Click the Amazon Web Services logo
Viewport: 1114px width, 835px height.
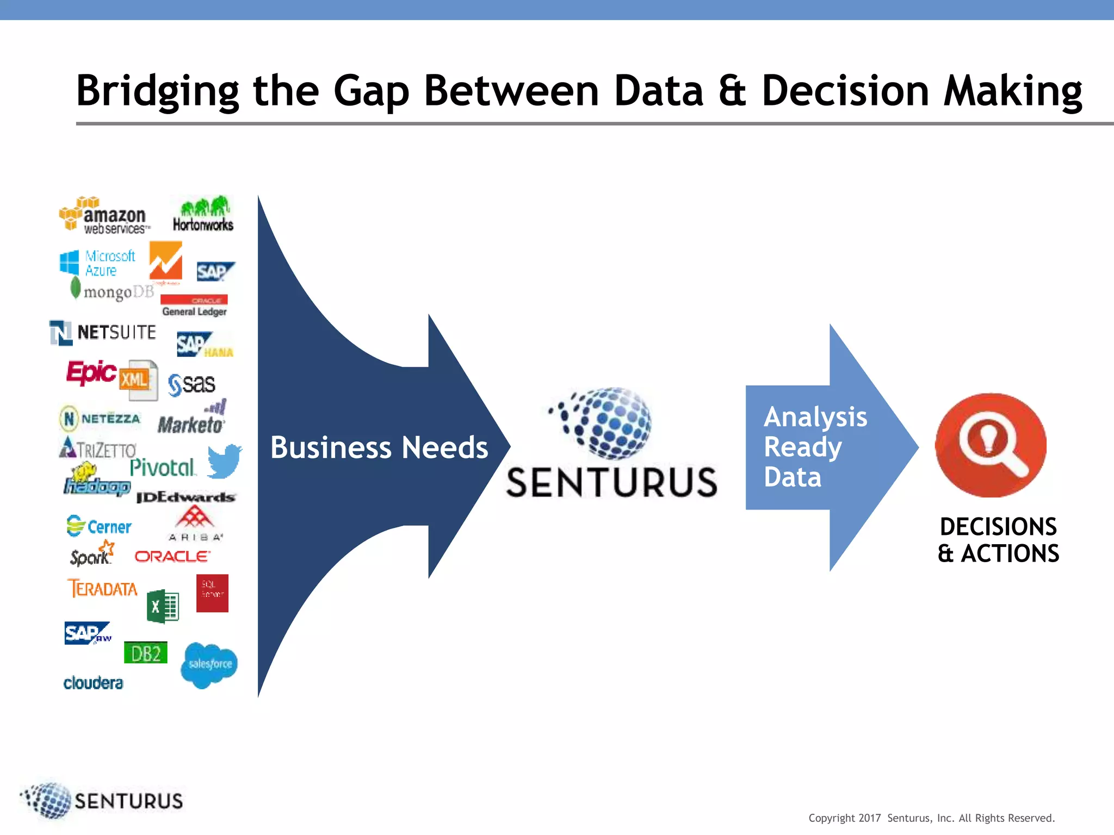tap(103, 216)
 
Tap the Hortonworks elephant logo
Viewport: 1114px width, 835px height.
tap(203, 214)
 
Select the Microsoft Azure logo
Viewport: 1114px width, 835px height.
tap(98, 263)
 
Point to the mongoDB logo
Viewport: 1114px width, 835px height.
tap(113, 291)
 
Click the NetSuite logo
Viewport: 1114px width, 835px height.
tap(103, 332)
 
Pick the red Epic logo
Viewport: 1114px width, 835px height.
tap(91, 372)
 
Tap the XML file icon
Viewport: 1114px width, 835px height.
tap(138, 379)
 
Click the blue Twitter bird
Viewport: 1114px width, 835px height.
tap(224, 461)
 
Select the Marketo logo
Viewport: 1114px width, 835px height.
tap(191, 420)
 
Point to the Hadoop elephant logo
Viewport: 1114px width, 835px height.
tap(96, 479)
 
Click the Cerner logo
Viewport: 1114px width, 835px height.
tap(98, 526)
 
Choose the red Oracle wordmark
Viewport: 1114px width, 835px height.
tap(172, 556)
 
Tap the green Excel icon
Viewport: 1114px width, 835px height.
tap(162, 606)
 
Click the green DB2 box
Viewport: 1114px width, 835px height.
tap(146, 653)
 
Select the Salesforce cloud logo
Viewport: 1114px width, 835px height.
tap(209, 664)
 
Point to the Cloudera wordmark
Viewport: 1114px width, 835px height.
tap(93, 683)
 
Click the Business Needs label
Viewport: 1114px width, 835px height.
tap(379, 447)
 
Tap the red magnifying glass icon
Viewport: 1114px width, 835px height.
tap(991, 445)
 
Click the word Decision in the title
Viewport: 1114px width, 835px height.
tap(845, 91)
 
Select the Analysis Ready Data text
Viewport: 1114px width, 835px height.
tap(815, 447)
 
